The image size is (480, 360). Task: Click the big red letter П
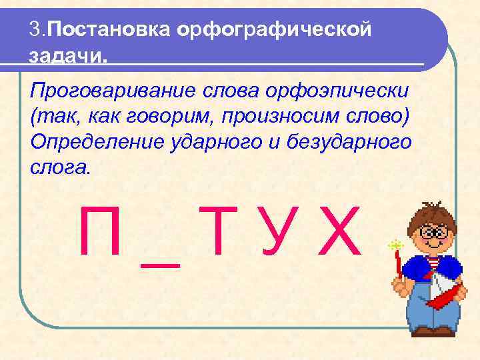pyautogui.click(x=99, y=232)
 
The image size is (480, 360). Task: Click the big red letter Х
pyautogui.click(x=340, y=232)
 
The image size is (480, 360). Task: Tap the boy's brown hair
pyautogui.click(x=432, y=212)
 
